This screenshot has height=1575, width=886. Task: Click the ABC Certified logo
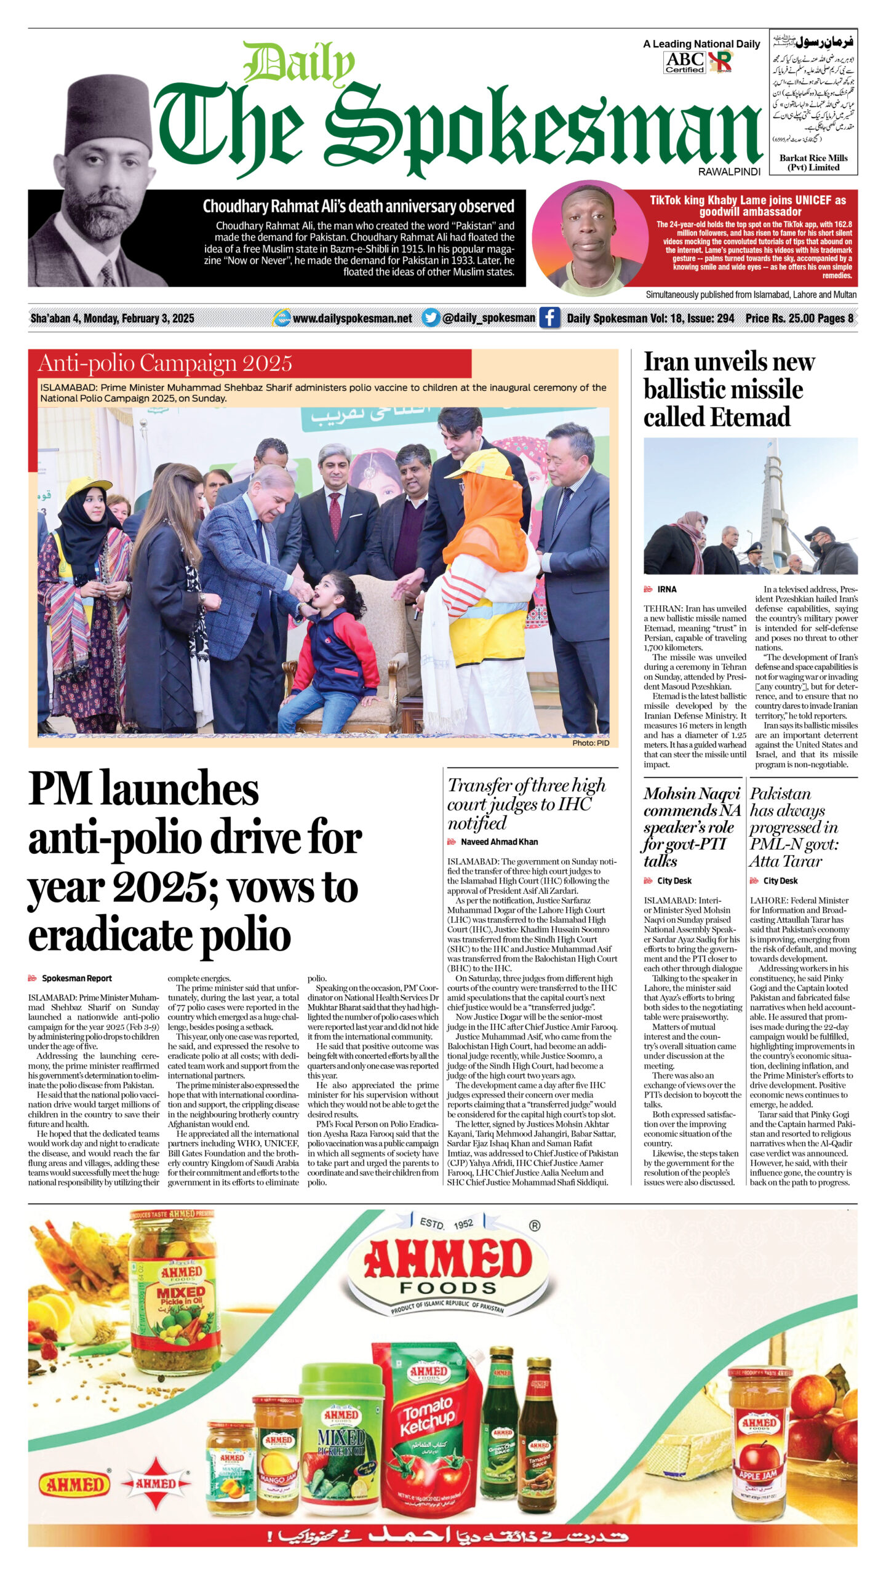click(x=684, y=62)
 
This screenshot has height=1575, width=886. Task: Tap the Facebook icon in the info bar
click(x=549, y=318)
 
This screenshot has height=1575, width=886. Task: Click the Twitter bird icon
click(x=431, y=318)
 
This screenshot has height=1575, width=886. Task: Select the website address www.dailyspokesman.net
click(x=352, y=319)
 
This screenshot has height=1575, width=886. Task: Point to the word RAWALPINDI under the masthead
click(x=729, y=172)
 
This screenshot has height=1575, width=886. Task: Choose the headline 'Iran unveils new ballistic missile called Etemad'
click(x=729, y=389)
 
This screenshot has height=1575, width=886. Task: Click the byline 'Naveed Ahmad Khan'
click(x=499, y=842)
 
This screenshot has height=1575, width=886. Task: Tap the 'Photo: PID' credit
click(x=590, y=743)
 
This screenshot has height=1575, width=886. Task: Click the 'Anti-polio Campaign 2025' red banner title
click(x=165, y=364)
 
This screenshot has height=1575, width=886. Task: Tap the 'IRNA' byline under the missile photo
click(x=666, y=589)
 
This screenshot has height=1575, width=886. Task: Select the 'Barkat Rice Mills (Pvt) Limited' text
click(x=813, y=162)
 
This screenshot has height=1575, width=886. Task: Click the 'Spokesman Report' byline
click(x=76, y=978)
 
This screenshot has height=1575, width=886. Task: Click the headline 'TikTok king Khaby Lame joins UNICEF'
click(x=748, y=205)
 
